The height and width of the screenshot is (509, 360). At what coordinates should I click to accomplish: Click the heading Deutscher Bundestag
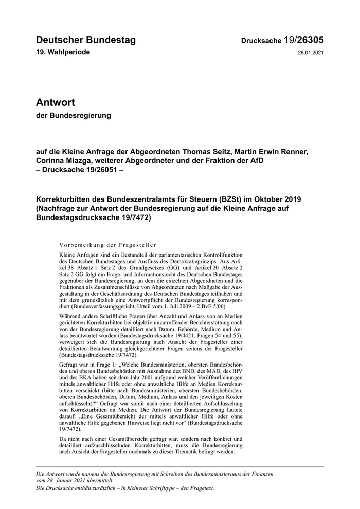(86, 40)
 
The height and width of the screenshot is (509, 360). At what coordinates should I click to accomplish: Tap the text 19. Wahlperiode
(63, 53)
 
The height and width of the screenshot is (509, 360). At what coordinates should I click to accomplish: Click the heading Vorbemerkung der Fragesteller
(107, 245)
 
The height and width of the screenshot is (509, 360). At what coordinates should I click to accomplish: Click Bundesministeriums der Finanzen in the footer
(236, 472)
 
